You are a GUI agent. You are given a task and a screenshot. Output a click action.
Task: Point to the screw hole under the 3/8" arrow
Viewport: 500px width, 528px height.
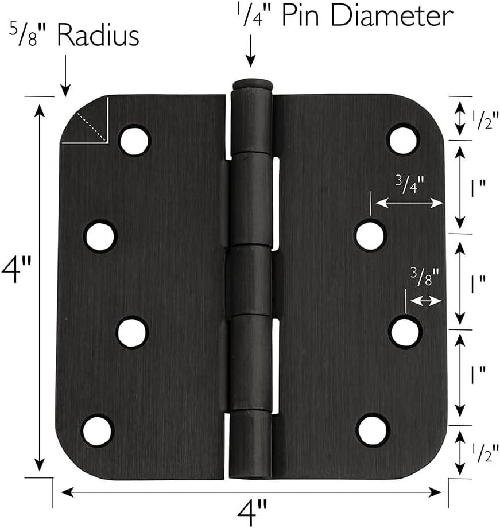click(x=405, y=333)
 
